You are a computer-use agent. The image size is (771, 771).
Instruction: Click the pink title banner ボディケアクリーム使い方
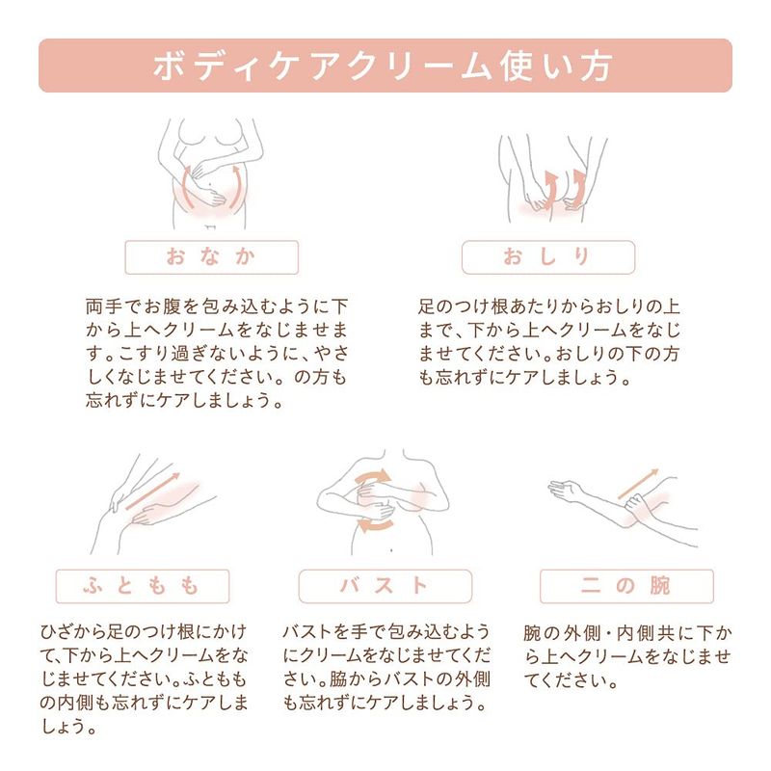[385, 66]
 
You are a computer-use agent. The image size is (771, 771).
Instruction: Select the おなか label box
[211, 257]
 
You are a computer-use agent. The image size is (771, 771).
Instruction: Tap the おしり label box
[548, 257]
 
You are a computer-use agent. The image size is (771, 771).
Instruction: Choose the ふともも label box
[143, 586]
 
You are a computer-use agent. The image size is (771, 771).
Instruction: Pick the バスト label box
[385, 586]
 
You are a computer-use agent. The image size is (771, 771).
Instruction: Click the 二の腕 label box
[626, 586]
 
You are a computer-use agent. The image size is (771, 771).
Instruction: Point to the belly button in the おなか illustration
[211, 185]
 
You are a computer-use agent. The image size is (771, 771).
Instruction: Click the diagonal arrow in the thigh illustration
[153, 492]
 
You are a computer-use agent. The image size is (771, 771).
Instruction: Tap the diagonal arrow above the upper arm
[638, 484]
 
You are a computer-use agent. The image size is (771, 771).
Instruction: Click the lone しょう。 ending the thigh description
[68, 727]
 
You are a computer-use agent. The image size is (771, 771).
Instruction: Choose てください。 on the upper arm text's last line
[572, 681]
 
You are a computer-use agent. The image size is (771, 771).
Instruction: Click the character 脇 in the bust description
[337, 679]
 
